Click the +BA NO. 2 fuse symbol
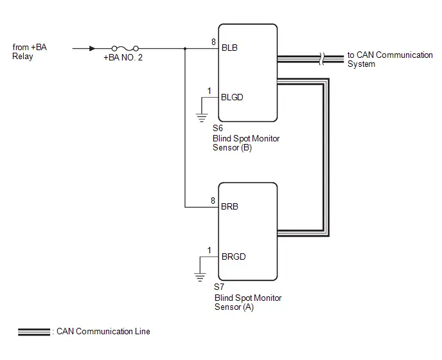[x=125, y=48]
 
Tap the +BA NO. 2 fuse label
[x=123, y=58]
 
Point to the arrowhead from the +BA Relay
[x=92, y=48]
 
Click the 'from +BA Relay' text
[x=30, y=51]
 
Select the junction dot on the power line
[x=185, y=48]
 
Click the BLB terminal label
[x=229, y=48]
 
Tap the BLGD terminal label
[x=232, y=97]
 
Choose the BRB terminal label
[x=229, y=206]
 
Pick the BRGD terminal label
[x=234, y=256]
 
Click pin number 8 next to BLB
[x=213, y=42]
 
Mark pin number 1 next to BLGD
[x=209, y=91]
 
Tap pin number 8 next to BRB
[x=213, y=201]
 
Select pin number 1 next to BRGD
[x=209, y=250]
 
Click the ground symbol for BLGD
[x=202, y=118]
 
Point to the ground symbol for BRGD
[x=200, y=277]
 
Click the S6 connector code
[x=218, y=129]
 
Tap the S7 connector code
[x=219, y=287]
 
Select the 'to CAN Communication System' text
[x=390, y=59]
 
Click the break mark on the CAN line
[x=322, y=59]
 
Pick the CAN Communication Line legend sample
[x=34, y=332]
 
